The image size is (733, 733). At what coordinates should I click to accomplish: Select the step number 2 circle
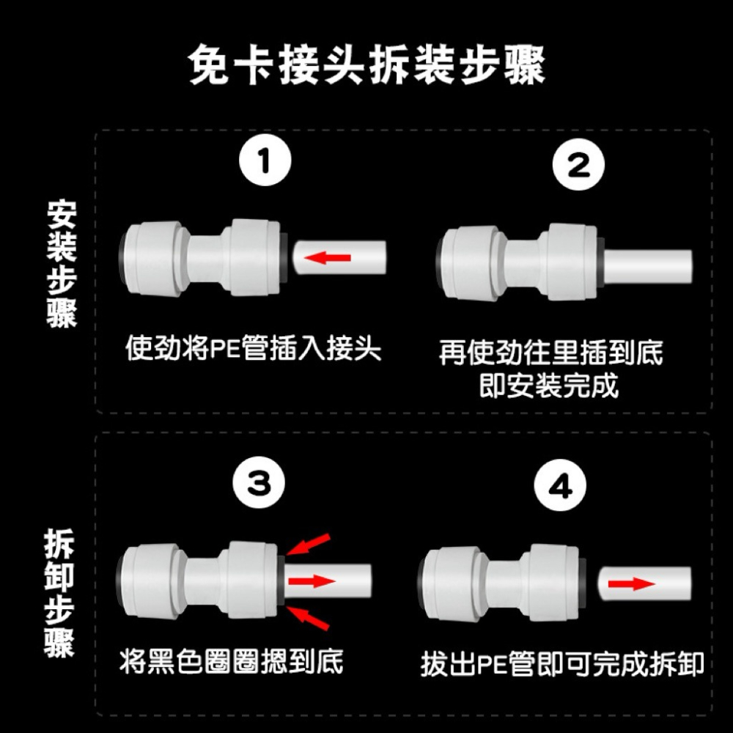(579, 165)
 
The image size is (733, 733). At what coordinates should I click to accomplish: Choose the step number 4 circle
(561, 487)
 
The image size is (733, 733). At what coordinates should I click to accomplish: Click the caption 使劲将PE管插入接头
(254, 348)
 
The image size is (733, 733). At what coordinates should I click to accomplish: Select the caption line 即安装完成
(548, 384)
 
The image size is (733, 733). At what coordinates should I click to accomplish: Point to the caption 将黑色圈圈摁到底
(231, 663)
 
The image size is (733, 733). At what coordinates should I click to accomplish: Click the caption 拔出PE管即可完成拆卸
(562, 664)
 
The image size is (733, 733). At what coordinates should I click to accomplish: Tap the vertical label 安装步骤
(62, 264)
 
